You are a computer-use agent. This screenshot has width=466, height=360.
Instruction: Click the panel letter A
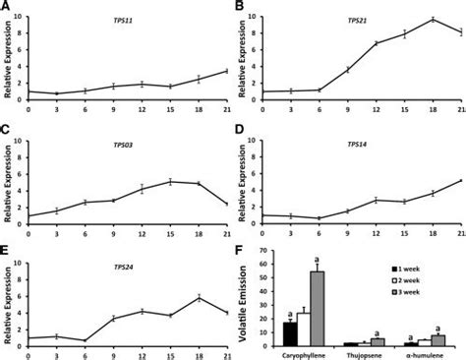(6, 7)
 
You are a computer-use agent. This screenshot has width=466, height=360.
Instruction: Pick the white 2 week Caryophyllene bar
(304, 330)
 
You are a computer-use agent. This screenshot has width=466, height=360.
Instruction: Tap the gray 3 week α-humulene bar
(437, 340)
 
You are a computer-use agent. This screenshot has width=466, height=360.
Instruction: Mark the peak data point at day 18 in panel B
(431, 20)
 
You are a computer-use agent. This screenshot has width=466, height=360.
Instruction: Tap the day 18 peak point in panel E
(199, 297)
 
